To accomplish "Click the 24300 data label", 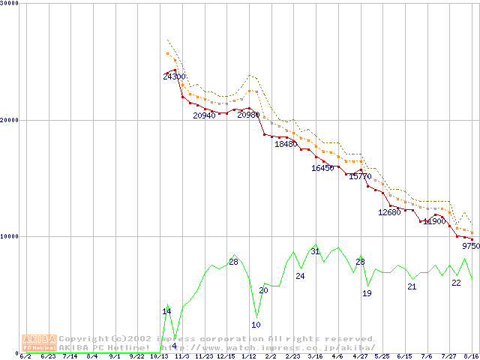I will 174,76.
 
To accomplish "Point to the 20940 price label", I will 204,115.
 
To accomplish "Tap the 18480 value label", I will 286,144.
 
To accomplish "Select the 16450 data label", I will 322,168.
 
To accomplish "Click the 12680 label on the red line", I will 389,212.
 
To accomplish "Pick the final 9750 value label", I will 470,246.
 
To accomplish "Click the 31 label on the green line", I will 315,251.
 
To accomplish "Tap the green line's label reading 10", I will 256,325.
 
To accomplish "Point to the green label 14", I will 166,311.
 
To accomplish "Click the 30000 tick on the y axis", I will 9,3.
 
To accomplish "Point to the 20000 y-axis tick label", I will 9,120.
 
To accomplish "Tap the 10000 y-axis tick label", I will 9,236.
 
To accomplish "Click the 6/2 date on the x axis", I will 25,356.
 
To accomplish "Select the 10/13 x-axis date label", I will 158,356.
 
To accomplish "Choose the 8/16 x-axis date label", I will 472,356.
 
